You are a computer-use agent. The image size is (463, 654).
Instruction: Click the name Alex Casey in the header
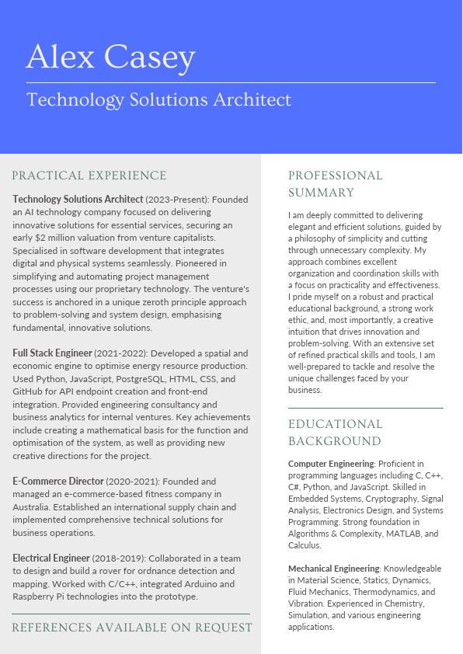[x=110, y=57]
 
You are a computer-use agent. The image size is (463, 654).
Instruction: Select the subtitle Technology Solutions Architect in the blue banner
[x=158, y=100]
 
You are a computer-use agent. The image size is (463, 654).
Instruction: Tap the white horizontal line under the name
[x=231, y=82]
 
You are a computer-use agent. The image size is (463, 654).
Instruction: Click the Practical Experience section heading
[x=89, y=176]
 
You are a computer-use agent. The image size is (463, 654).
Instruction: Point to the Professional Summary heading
[x=336, y=184]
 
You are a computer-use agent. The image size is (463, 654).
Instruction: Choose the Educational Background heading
[x=336, y=433]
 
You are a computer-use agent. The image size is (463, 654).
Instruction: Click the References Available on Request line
[x=132, y=627]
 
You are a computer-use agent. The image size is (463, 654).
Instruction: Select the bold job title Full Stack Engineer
[x=52, y=353]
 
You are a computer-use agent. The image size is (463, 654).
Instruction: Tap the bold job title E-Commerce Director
[x=58, y=482]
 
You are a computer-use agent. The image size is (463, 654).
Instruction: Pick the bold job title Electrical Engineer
[x=51, y=558]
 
